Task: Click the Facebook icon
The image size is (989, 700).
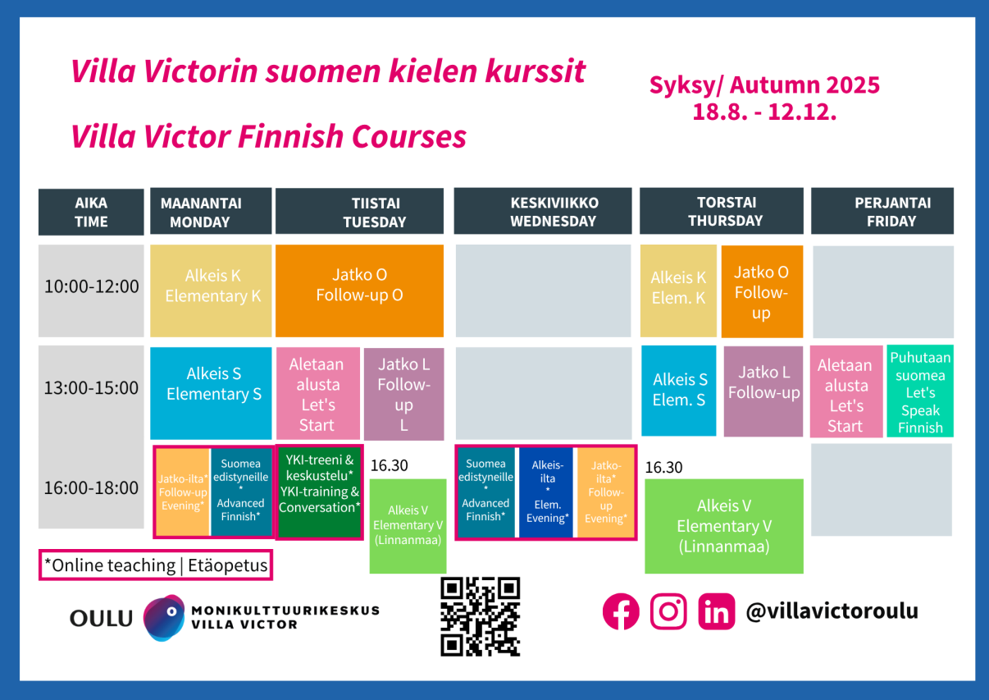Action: (x=621, y=611)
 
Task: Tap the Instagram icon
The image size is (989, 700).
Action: (x=668, y=611)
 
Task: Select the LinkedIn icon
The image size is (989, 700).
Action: (x=717, y=611)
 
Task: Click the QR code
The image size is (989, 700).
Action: (x=481, y=616)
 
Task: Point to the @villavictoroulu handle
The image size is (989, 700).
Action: (x=832, y=611)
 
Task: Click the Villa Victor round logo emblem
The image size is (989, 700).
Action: (x=164, y=617)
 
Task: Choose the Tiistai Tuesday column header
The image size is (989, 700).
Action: (x=359, y=212)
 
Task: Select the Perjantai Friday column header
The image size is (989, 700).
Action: (x=882, y=212)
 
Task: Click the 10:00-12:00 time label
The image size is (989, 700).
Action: (x=91, y=287)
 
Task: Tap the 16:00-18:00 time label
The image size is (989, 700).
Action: (x=91, y=488)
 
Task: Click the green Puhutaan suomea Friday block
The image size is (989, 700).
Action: (x=920, y=392)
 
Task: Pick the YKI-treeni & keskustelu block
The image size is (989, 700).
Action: (x=319, y=492)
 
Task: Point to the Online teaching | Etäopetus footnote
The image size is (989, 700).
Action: (x=156, y=565)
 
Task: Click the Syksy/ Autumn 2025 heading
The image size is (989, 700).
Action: (x=764, y=85)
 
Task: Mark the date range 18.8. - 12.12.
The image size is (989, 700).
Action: (x=764, y=112)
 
